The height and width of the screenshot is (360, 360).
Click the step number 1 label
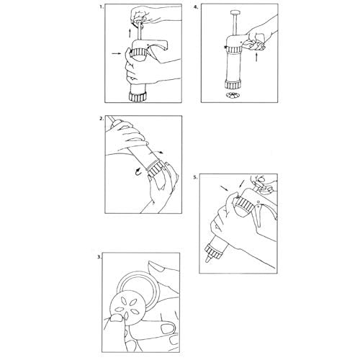tap(102, 7)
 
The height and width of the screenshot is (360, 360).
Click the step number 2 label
tap(102, 118)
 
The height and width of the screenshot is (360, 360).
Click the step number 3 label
tap(99, 257)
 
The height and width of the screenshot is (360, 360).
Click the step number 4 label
tap(196, 7)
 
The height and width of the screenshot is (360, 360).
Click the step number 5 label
tap(195, 177)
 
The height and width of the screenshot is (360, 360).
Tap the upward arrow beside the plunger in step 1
tap(130, 33)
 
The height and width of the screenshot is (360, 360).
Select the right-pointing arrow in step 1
tap(117, 54)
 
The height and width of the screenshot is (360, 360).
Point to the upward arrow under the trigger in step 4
tap(256, 57)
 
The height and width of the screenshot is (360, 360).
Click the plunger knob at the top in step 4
tap(235, 12)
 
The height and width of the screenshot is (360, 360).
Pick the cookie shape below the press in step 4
tap(233, 95)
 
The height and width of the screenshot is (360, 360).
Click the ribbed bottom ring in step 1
tap(138, 96)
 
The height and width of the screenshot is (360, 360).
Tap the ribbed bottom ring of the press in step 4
tap(233, 84)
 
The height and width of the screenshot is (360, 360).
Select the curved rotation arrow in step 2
tap(138, 171)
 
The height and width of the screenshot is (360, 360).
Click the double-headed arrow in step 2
tap(156, 153)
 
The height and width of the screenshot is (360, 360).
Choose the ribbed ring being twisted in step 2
tap(157, 168)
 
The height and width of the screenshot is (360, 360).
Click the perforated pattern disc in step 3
tap(127, 309)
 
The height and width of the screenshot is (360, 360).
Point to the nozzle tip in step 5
tap(208, 259)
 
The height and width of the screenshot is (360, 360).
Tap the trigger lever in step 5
tap(258, 215)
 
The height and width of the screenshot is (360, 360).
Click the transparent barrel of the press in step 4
tap(233, 66)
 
